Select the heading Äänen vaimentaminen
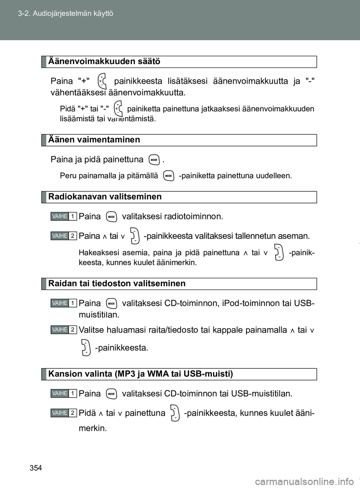tap(94, 140)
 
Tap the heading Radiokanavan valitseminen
tap(105, 197)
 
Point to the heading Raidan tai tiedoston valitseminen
tap(117, 284)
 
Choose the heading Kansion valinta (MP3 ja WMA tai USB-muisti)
tap(141, 374)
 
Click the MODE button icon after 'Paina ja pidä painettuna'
tap(154, 160)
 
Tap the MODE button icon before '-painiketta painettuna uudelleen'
tap(169, 176)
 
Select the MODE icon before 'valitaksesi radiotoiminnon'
tap(111, 217)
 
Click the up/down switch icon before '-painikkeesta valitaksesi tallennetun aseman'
tap(134, 236)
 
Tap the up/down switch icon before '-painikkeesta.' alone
tap(86, 348)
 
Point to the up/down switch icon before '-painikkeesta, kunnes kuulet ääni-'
tap(175, 413)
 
